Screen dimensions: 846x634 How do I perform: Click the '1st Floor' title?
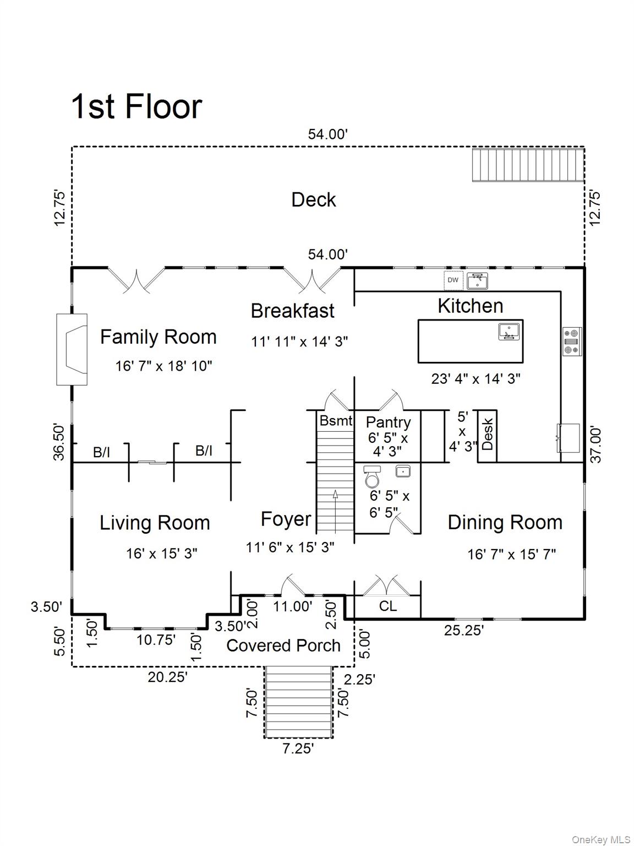[136, 106]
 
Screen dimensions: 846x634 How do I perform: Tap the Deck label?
[313, 199]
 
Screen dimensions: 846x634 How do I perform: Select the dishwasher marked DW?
[452, 280]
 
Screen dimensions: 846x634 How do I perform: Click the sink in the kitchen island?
[509, 332]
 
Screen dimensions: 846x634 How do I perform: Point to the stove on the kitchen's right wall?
[572, 341]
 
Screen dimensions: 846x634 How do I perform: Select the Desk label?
[487, 435]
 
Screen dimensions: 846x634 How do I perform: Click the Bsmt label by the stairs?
[336, 421]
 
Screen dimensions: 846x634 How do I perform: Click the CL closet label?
[387, 606]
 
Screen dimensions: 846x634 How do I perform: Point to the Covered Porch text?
[283, 646]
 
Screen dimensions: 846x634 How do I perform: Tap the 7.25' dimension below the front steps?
[298, 749]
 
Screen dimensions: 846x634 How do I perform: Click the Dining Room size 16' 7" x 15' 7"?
[511, 554]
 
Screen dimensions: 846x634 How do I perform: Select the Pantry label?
[388, 422]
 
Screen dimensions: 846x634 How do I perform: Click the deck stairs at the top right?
[528, 164]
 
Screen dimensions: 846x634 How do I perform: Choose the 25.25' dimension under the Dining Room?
[463, 630]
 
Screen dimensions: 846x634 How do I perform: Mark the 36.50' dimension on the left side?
[59, 442]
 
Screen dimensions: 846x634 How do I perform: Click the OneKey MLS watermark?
[601, 839]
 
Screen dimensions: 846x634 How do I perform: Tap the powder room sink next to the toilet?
[403, 471]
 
